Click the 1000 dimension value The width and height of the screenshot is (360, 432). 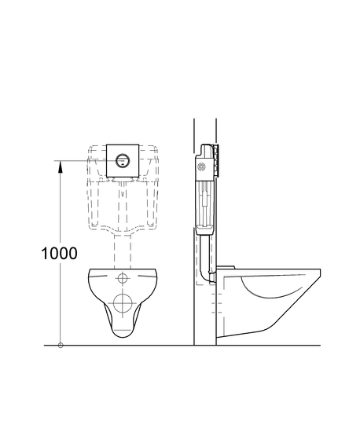59,253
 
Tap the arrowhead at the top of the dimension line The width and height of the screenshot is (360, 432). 60,167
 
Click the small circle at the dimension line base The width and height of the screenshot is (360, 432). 61,346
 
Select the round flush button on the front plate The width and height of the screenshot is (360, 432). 123,160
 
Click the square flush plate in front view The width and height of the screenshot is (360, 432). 123,160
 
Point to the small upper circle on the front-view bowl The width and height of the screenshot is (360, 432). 123,278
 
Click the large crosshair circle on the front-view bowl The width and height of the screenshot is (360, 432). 123,303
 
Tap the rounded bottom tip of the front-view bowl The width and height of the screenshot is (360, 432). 123,337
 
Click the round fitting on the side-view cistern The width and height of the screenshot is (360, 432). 202,167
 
